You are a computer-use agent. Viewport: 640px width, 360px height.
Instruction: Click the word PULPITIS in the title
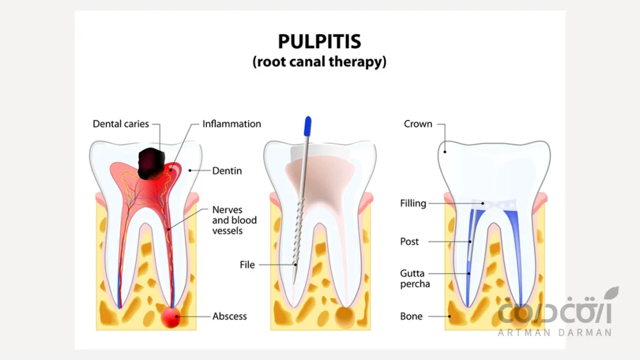pos(319,42)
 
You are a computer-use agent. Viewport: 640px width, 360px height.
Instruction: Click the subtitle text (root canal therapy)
pos(319,62)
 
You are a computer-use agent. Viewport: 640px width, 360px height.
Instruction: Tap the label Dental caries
pos(121,124)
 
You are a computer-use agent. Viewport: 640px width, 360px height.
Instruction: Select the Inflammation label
pos(232,124)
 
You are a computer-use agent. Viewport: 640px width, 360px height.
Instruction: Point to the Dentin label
pos(227,171)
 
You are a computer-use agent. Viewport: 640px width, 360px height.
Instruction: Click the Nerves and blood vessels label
pos(235,220)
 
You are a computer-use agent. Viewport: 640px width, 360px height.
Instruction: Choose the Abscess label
pos(229,316)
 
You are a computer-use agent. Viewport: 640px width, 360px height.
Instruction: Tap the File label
pos(247,265)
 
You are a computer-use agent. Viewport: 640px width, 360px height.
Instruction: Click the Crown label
pos(418,124)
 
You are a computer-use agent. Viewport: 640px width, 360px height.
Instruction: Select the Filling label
pos(413,203)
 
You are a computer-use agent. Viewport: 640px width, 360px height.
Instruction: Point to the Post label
pos(409,241)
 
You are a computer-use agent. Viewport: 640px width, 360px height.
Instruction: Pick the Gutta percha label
pos(415,278)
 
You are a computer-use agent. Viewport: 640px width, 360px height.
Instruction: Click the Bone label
pos(411,316)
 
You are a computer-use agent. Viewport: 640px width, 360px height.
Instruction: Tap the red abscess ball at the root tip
pos(171,317)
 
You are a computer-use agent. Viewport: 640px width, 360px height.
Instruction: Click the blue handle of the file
pos(308,125)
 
